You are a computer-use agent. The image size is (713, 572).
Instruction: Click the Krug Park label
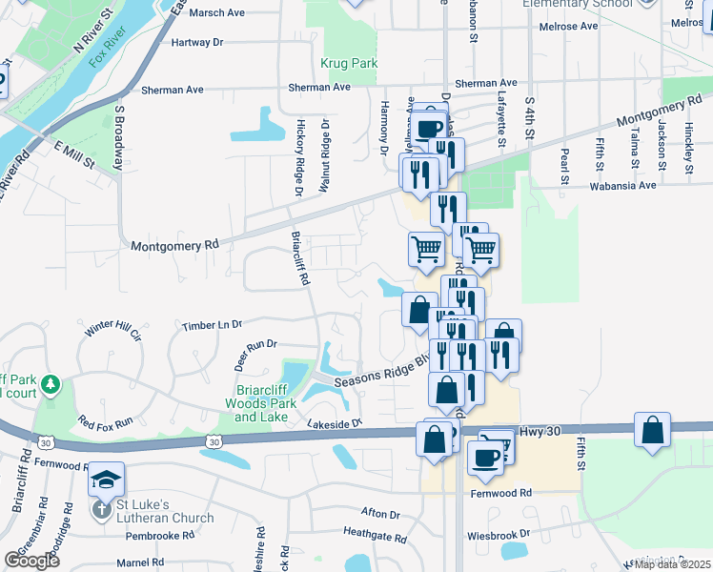tap(349, 64)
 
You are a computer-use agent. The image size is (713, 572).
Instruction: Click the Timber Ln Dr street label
tap(213, 325)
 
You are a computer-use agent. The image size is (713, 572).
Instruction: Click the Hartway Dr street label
tap(197, 43)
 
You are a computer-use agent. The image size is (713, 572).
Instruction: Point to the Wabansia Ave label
tap(623, 186)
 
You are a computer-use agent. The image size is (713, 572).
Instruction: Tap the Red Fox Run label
tap(106, 421)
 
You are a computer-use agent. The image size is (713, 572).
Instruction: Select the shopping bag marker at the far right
tap(653, 430)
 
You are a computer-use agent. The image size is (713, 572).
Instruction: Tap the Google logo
tap(31, 561)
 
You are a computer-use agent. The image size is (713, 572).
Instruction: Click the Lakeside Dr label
tap(336, 421)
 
